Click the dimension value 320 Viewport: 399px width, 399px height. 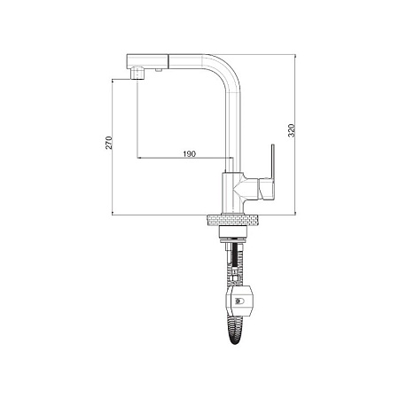tap(292, 130)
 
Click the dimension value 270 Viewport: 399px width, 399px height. tap(109, 143)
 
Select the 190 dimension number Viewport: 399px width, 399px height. tap(190, 153)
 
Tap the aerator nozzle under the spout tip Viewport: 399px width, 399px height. tap(137, 74)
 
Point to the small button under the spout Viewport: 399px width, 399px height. tap(159, 70)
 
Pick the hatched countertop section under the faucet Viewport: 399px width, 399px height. tap(234, 220)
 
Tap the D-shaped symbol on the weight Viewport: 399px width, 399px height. tap(239, 301)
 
